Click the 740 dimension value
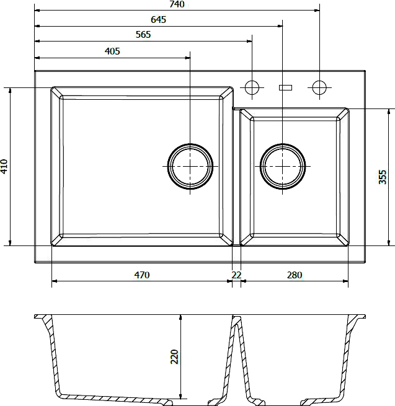tap(177, 4)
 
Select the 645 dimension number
tap(158, 20)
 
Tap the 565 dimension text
tap(143, 35)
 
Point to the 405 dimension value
tap(112, 51)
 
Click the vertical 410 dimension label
tap(4, 167)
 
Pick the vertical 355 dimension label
tap(383, 177)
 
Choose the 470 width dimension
tap(142, 275)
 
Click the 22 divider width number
tap(236, 275)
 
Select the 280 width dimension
tap(295, 275)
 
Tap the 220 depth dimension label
tap(175, 356)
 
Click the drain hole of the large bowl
tap(190, 166)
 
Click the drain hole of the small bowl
tap(283, 166)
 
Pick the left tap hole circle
tap(252, 87)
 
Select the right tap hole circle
tap(319, 87)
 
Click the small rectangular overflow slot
tap(285, 88)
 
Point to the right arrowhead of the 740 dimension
tap(317, 11)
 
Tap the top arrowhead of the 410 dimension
tap(10, 90)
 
